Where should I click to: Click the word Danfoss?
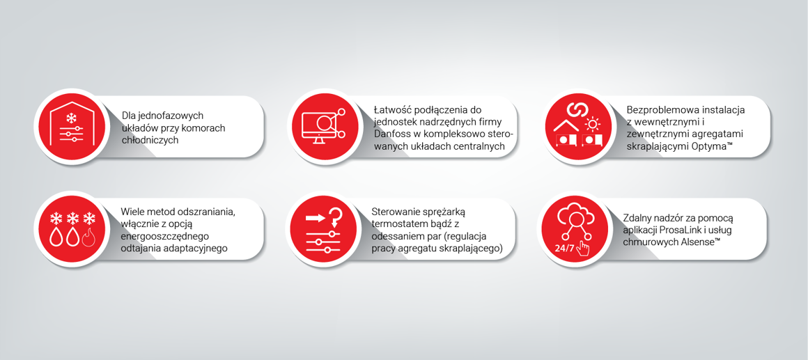(393, 134)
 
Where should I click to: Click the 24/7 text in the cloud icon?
(564, 249)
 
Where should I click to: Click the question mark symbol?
(335, 216)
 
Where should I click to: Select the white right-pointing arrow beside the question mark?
(316, 217)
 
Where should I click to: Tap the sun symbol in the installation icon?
(593, 125)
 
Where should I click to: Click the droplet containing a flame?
(88, 238)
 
